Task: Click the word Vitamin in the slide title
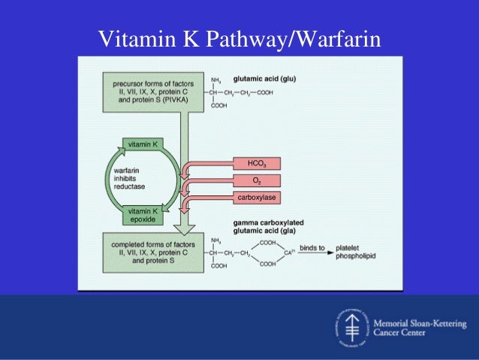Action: (131, 37)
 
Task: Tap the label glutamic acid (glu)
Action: (270, 77)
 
